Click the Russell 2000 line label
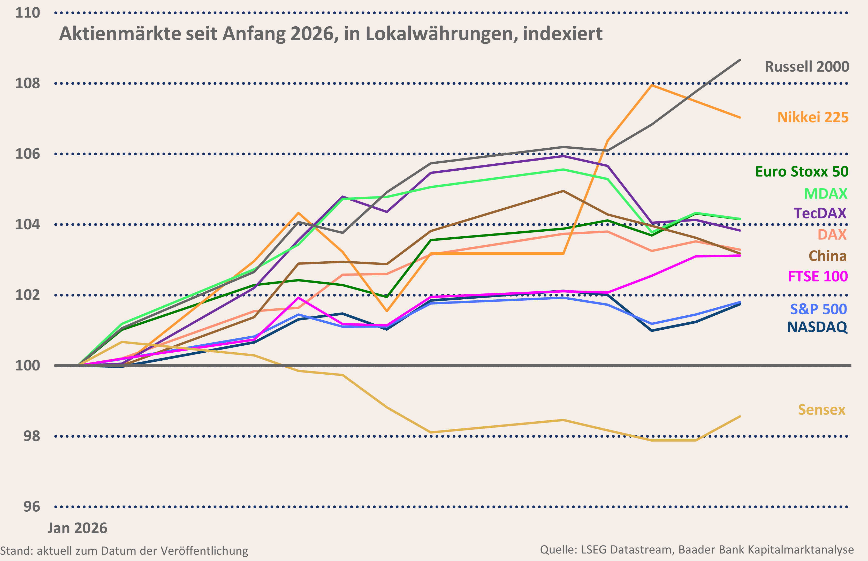[806, 67]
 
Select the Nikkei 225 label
[813, 117]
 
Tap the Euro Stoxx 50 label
[802, 172]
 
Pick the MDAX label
[825, 194]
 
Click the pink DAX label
[832, 234]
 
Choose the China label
[828, 256]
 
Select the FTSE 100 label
[818, 277]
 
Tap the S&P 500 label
[818, 309]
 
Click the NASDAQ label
[817, 327]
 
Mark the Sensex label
[821, 410]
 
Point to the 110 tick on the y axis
[27, 13]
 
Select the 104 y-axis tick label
[27, 224]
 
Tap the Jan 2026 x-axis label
[77, 528]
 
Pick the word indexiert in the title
[563, 34]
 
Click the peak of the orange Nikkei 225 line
[652, 85]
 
